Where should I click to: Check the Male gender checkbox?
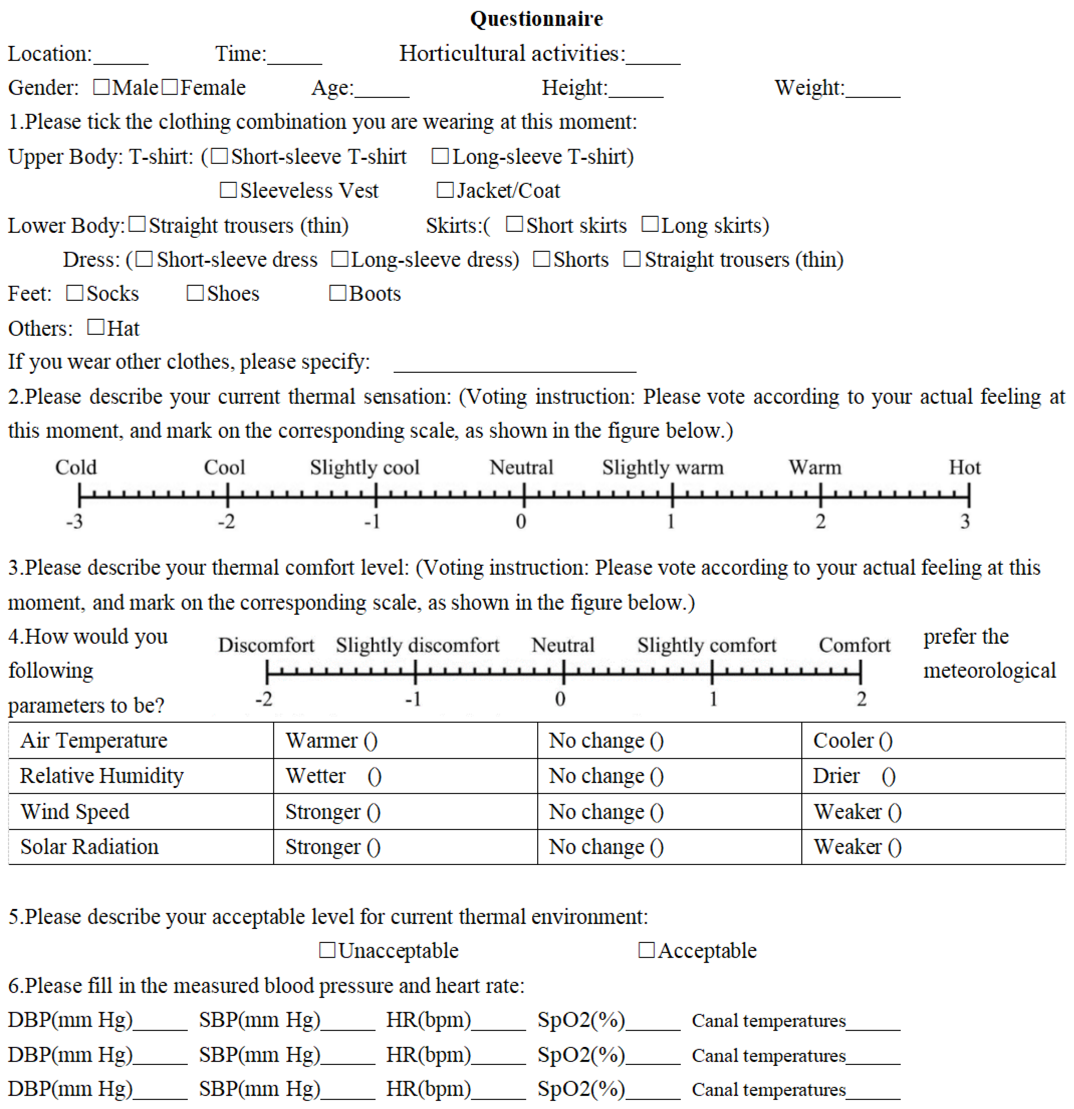(x=101, y=87)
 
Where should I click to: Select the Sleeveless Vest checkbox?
(x=228, y=190)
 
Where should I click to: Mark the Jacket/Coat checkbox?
(x=445, y=190)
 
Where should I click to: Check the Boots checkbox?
(x=338, y=293)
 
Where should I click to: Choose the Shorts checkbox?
(x=542, y=259)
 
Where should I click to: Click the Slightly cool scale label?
(x=365, y=467)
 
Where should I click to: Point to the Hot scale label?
(x=964, y=467)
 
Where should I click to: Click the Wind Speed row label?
(x=75, y=811)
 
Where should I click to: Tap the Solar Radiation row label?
(x=89, y=846)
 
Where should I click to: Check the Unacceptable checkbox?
(x=327, y=950)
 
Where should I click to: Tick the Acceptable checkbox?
(x=646, y=950)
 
